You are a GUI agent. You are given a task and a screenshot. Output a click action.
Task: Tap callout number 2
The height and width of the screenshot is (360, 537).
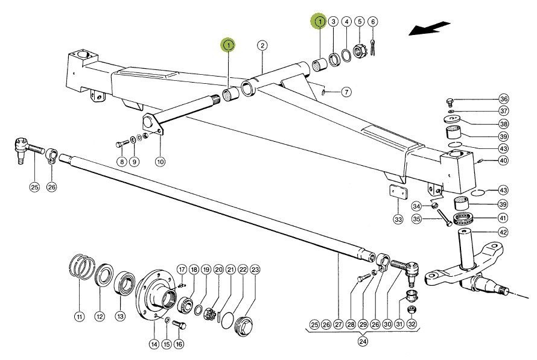point(261,45)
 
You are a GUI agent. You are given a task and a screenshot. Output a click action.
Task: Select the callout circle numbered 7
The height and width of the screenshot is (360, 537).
point(346,92)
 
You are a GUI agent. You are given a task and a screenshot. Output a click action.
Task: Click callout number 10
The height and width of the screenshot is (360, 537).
point(160,162)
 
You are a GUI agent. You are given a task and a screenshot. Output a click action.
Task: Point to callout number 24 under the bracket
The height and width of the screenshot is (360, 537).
point(361,341)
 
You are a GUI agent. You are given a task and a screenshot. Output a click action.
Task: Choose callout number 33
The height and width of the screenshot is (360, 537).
point(398,219)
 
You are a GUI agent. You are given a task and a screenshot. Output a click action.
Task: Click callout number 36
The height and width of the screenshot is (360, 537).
point(504,99)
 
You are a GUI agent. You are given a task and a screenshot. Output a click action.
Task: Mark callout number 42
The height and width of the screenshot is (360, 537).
point(504,232)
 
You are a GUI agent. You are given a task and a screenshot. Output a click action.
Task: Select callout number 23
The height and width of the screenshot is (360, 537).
point(255,269)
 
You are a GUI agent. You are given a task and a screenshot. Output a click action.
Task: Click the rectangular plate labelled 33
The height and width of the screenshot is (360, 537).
point(396,193)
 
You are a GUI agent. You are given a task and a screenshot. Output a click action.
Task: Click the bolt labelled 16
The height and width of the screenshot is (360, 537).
point(178,325)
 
